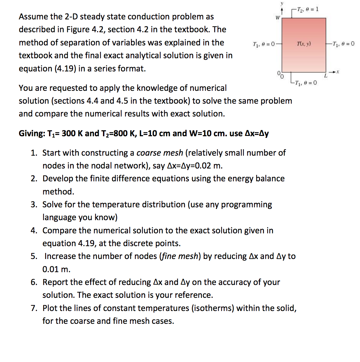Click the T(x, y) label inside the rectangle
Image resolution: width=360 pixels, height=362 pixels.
pos(304,43)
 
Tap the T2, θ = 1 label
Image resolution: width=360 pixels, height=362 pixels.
pos(307,9)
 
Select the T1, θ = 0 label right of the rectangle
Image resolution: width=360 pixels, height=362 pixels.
pos(343,43)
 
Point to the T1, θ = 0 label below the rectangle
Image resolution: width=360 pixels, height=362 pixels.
pos(306,83)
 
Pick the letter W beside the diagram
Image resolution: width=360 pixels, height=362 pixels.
pos(278,17)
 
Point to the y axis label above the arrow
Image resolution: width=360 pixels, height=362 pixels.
pos(281,3)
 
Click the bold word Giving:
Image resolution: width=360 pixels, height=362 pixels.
pos(32,133)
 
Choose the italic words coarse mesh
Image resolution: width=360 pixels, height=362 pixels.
pos(160,153)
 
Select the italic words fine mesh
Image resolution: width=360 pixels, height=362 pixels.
pos(180,256)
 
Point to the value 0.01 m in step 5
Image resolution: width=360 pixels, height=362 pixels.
pos(56,269)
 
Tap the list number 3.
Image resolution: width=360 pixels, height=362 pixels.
pos(34,204)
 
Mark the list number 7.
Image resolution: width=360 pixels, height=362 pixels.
pos(34,308)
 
